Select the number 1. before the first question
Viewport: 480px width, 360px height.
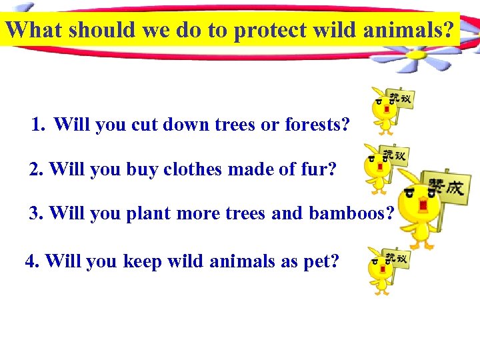pos(39,125)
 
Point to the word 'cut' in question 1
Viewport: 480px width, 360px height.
pos(153,125)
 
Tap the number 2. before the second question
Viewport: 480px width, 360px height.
pos(37,169)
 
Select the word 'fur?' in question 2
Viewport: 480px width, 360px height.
pos(316,169)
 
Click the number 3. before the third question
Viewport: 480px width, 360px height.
pos(37,213)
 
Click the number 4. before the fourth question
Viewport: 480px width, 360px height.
pos(33,261)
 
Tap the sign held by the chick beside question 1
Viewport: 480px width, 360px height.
pos(401,99)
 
